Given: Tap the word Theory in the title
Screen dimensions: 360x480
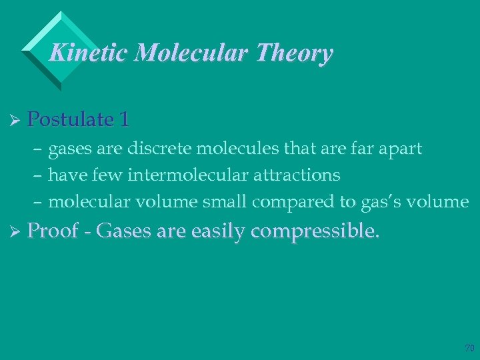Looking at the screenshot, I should click(293, 53).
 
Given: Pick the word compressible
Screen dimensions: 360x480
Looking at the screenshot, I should click(317, 231).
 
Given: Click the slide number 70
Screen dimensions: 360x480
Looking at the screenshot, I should click(469, 347).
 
